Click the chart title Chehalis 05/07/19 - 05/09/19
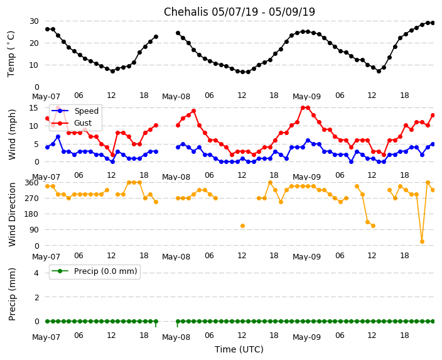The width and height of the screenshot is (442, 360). [239, 12]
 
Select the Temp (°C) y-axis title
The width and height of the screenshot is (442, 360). [11, 53]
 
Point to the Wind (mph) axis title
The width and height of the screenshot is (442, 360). [13, 134]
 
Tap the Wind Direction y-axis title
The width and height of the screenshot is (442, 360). [13, 214]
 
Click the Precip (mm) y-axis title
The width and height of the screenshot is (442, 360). [13, 293]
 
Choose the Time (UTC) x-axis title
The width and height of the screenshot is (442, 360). [239, 349]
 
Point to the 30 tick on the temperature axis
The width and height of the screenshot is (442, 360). [34, 21]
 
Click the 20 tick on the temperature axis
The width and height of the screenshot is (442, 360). [34, 43]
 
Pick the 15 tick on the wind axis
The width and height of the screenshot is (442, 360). [34, 108]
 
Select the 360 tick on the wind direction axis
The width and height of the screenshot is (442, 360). [31, 183]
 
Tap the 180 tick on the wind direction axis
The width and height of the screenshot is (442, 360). [31, 214]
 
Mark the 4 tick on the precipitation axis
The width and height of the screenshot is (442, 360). [36, 272]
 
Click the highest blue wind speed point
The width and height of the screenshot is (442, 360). [58, 136]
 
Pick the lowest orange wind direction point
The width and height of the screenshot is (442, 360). [422, 241]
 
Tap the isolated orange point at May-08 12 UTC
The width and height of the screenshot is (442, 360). [242, 226]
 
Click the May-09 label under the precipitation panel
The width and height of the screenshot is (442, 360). [307, 337]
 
